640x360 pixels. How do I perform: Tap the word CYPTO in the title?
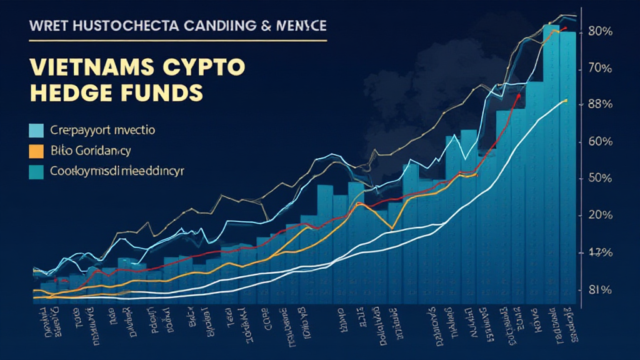point(202,67)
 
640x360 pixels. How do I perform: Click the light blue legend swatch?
point(37,131)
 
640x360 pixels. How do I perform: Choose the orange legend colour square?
point(37,151)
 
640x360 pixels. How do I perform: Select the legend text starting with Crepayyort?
point(104,131)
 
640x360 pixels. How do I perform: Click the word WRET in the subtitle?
point(46,27)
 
